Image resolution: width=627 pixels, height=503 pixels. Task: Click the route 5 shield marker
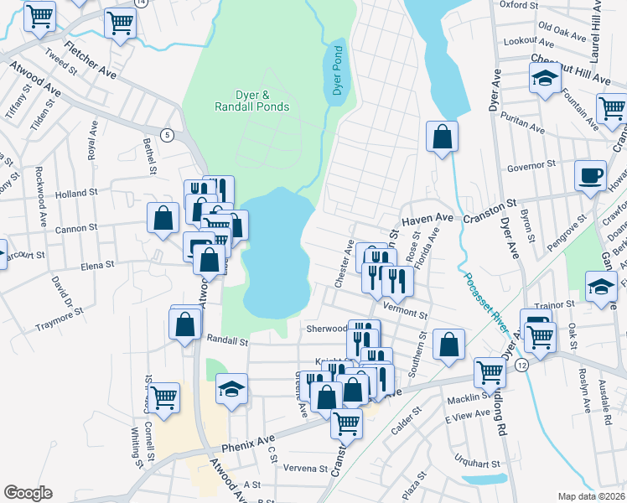pyautogui.click(x=168, y=136)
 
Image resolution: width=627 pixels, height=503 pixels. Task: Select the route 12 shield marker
pyautogui.click(x=521, y=366)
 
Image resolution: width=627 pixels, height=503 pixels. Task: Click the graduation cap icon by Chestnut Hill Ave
pyautogui.click(x=545, y=80)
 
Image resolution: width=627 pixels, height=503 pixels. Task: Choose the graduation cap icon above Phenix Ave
pyautogui.click(x=232, y=390)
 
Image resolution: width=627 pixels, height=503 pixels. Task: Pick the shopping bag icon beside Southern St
pyautogui.click(x=449, y=345)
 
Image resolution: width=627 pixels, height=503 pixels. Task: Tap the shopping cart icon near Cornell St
pyautogui.click(x=163, y=397)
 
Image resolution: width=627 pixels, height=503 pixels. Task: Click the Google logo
pyautogui.click(x=28, y=493)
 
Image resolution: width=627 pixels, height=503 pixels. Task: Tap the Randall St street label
pyautogui.click(x=227, y=341)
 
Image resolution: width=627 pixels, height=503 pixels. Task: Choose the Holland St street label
pyautogui.click(x=77, y=194)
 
